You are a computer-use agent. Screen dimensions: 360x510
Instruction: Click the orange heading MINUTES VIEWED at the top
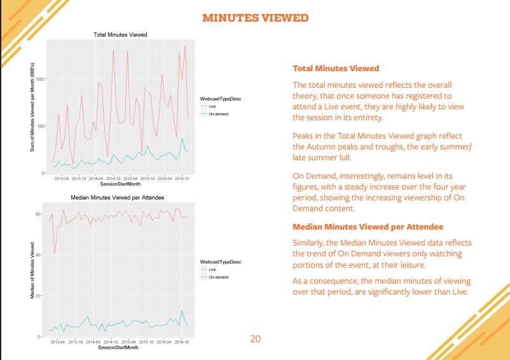tap(255, 18)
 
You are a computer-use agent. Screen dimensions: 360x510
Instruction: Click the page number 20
tap(255, 338)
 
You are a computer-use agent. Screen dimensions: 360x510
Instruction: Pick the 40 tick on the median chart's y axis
tap(43, 255)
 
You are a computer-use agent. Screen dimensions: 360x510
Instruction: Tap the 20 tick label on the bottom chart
tap(43, 296)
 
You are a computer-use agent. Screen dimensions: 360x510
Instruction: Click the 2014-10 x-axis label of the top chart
tap(114, 179)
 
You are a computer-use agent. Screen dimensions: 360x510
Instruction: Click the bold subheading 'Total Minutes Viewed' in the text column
tap(336, 68)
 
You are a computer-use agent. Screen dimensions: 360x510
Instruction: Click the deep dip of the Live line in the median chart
tap(55, 253)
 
